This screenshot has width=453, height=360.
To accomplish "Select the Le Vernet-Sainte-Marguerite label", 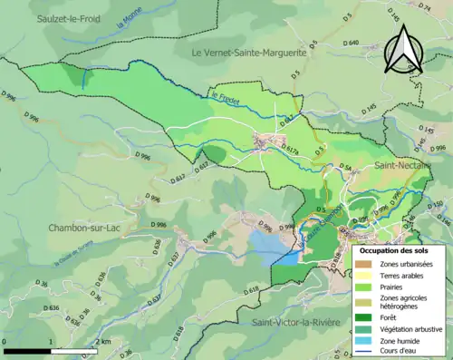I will (x=249, y=53).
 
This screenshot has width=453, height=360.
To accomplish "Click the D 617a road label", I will (x=285, y=148).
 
